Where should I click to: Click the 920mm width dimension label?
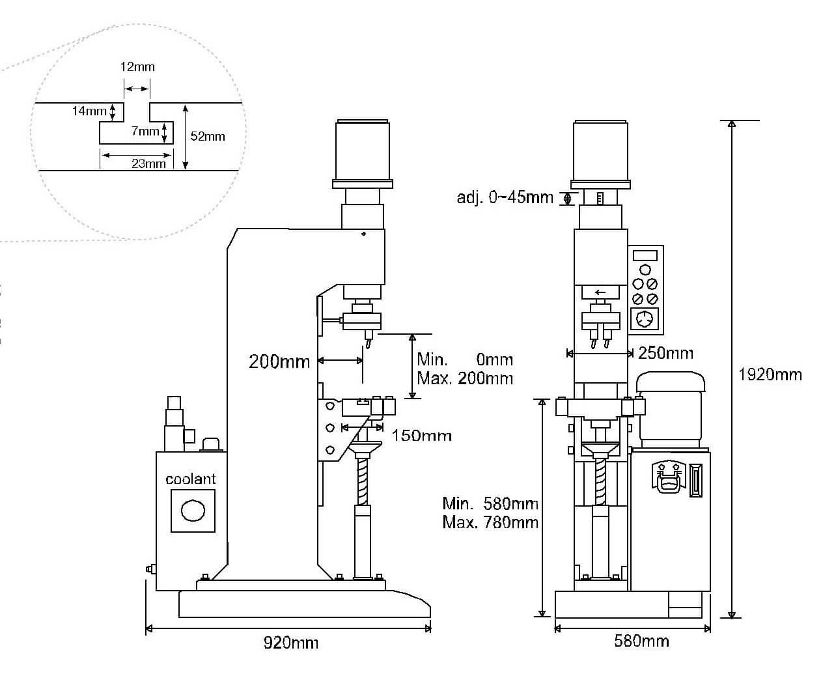click(291, 643)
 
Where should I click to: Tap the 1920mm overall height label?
click(770, 374)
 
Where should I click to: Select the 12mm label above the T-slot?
click(137, 67)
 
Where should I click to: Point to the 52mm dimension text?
click(208, 137)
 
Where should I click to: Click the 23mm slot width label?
click(148, 163)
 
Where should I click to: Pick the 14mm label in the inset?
click(89, 111)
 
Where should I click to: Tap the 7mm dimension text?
click(145, 132)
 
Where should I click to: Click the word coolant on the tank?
click(190, 479)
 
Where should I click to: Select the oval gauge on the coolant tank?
click(193, 511)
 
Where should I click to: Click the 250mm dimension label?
click(666, 353)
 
